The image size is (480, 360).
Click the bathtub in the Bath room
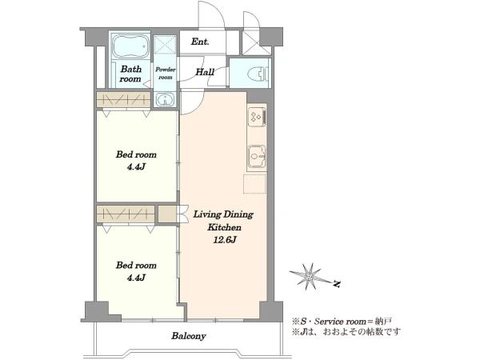click(130, 46)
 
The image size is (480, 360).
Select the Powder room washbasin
click(165, 99)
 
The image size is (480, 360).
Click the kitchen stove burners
click(257, 116)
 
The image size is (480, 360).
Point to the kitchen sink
click(257, 157)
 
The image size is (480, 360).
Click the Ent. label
click(200, 42)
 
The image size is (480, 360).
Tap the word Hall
click(205, 72)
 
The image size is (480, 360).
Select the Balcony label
click(189, 336)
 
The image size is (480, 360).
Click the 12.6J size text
click(224, 240)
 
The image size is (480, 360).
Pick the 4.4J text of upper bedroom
click(136, 167)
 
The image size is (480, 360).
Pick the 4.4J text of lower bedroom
click(136, 278)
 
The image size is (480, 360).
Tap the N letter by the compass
click(337, 284)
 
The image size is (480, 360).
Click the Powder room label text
click(166, 73)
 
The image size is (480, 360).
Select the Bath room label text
click(130, 74)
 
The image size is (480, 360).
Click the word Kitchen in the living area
click(224, 227)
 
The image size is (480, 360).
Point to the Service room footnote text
click(342, 322)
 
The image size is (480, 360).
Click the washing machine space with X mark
click(165, 46)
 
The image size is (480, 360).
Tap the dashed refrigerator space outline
click(254, 184)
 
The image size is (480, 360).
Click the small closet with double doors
click(167, 214)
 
